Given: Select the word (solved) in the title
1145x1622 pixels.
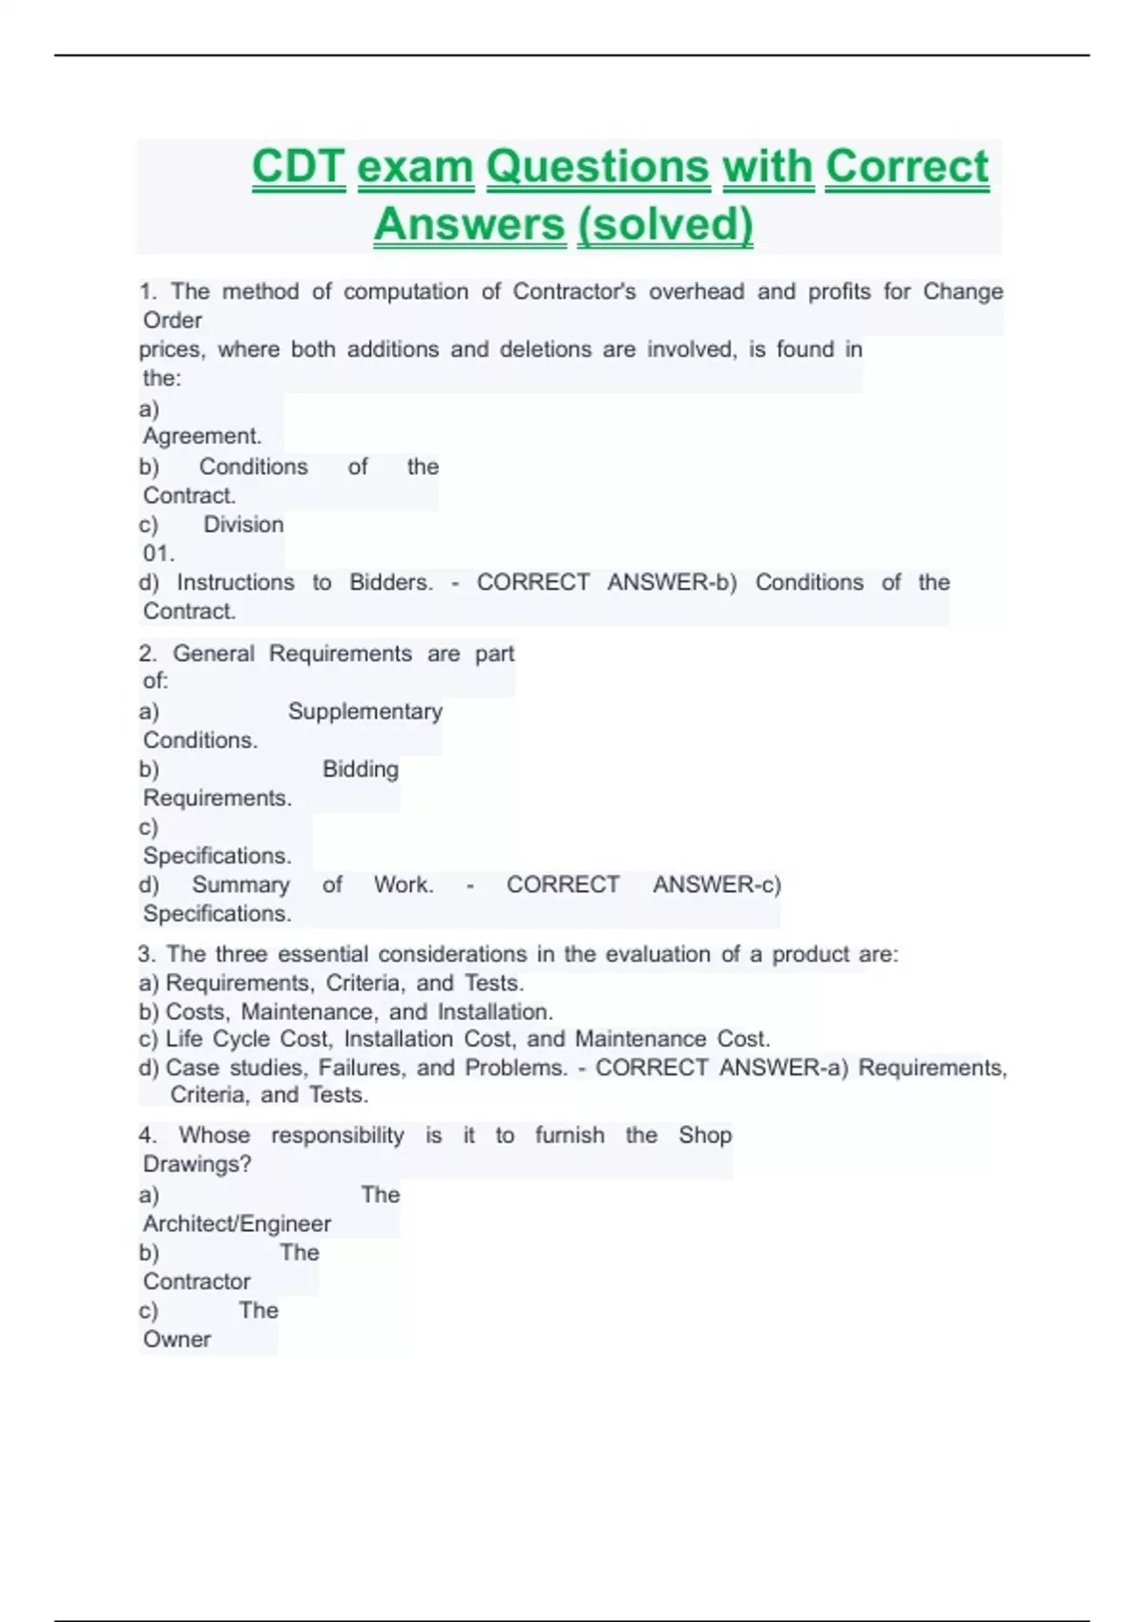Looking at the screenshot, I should pyautogui.click(x=665, y=224).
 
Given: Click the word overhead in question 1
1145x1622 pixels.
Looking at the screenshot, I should pyautogui.click(x=697, y=291).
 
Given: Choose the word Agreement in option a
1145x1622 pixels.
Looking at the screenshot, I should pyautogui.click(x=201, y=436).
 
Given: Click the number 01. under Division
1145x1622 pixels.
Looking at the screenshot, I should pyautogui.click(x=158, y=553).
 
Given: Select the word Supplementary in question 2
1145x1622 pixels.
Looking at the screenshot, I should pyautogui.click(x=364, y=711).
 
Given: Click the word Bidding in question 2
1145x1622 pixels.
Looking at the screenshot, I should pyautogui.click(x=360, y=769).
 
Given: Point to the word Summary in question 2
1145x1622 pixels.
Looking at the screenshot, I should pyautogui.click(x=240, y=884).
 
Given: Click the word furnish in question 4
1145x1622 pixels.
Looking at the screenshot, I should pyautogui.click(x=569, y=1135).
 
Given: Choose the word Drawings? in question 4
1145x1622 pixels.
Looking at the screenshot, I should pyautogui.click(x=197, y=1164).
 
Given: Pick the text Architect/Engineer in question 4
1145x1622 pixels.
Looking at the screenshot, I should pyautogui.click(x=237, y=1223).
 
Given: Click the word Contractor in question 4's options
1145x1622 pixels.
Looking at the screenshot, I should pyautogui.click(x=197, y=1281).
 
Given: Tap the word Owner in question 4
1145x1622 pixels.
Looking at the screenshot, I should pyautogui.click(x=177, y=1339).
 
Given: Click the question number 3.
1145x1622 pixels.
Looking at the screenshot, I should pyautogui.click(x=146, y=954).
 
